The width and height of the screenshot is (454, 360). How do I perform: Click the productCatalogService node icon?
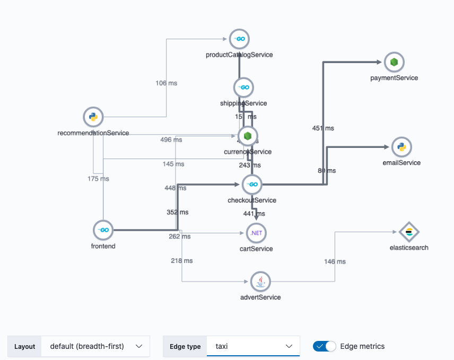tap(239, 39)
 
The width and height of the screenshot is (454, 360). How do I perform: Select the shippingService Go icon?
tap(243, 87)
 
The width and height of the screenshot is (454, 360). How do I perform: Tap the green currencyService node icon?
tap(248, 136)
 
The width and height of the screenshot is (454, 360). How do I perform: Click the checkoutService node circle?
tap(252, 185)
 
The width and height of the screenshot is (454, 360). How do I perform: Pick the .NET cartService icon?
tap(257, 233)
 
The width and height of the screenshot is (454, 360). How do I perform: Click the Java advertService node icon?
tap(260, 282)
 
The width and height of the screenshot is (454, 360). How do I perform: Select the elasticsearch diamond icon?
tap(409, 232)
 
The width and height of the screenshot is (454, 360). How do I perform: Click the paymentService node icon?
tap(394, 63)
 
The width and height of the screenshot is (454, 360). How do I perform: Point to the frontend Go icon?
tap(103, 230)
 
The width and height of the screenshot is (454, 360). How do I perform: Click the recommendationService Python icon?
tap(93, 117)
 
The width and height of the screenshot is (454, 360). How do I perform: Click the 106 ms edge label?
tap(167, 83)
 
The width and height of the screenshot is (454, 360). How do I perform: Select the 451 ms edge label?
tap(323, 128)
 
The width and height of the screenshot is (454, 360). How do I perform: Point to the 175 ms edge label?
tap(98, 179)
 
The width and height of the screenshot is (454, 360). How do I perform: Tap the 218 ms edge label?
tap(181, 261)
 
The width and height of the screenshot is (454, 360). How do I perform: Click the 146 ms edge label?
tap(335, 261)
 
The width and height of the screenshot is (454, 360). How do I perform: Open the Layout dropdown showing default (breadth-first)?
tap(95, 346)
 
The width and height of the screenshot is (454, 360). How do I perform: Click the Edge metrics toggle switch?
tap(325, 346)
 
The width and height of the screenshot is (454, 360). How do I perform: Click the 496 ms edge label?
tap(171, 140)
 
